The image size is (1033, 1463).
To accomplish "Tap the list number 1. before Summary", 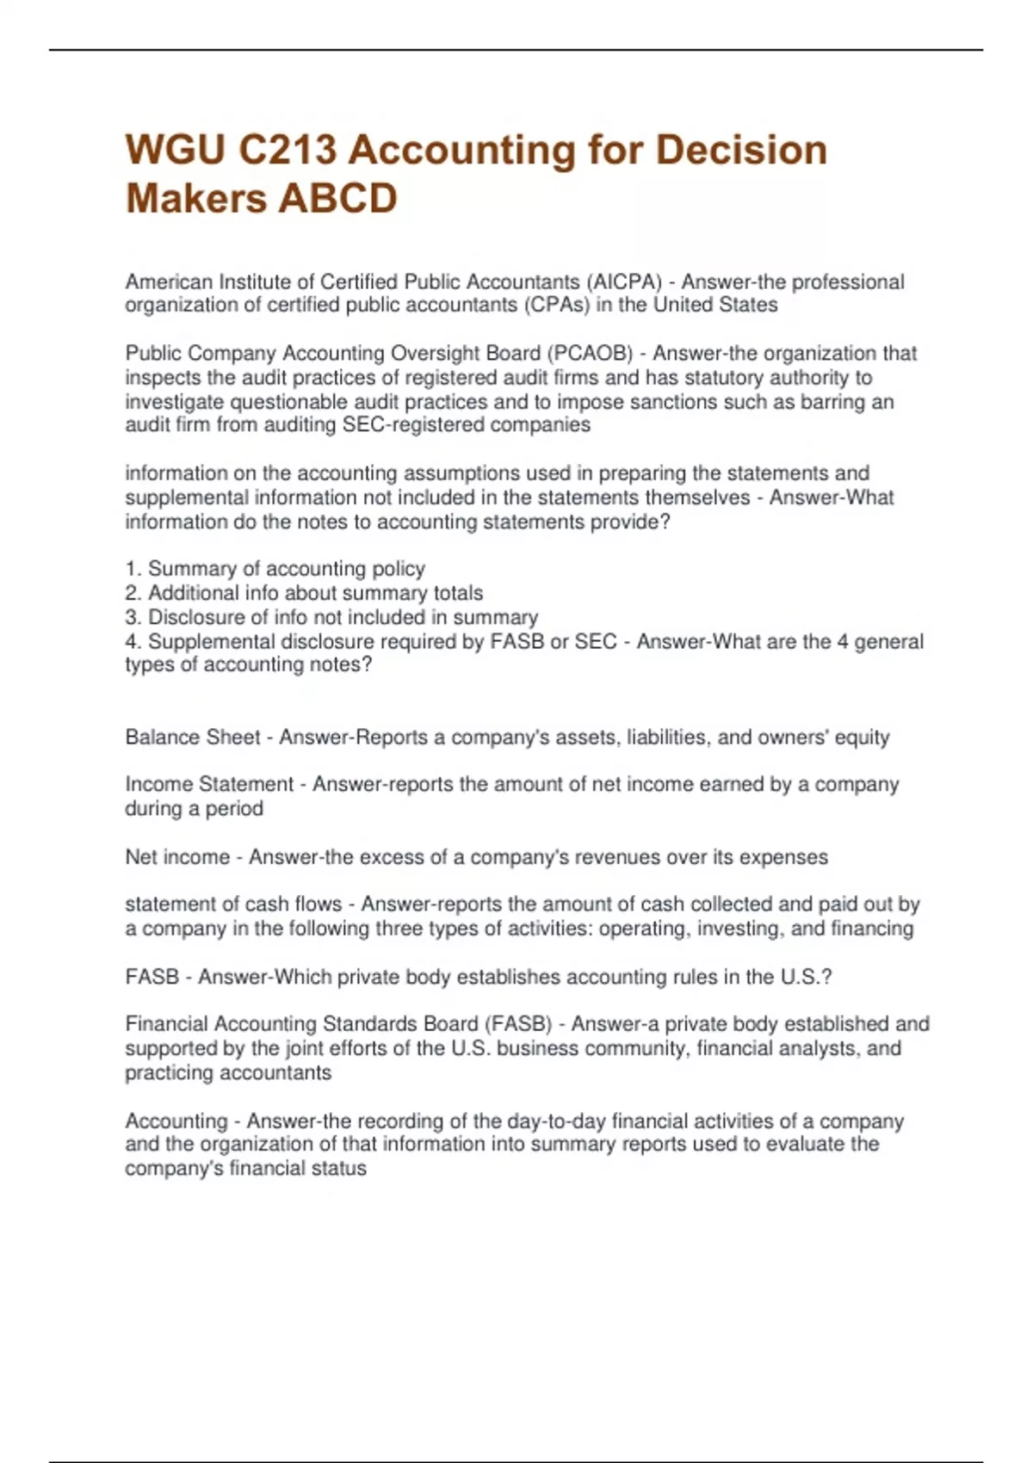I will point(133,569).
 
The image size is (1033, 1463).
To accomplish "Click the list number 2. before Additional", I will point(133,593).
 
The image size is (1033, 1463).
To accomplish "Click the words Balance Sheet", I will point(192,738).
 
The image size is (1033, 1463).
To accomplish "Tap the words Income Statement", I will point(209,785).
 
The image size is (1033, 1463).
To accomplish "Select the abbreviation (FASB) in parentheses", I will point(518,1024).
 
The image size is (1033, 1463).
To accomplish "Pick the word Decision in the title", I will point(741,151).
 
